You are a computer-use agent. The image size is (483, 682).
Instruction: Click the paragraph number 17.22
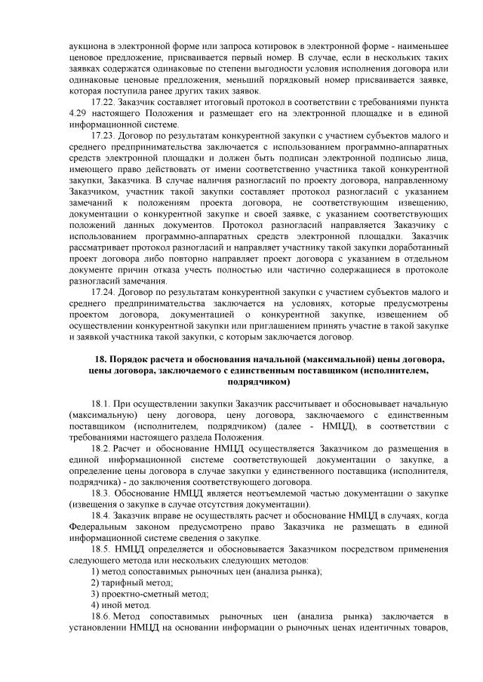click(x=102, y=101)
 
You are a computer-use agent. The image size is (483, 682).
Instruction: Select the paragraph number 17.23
click(x=102, y=135)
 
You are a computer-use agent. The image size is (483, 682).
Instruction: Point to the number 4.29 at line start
click(x=75, y=112)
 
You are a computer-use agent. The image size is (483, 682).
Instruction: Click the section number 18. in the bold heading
click(x=99, y=360)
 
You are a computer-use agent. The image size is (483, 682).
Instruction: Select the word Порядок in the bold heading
click(x=128, y=360)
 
